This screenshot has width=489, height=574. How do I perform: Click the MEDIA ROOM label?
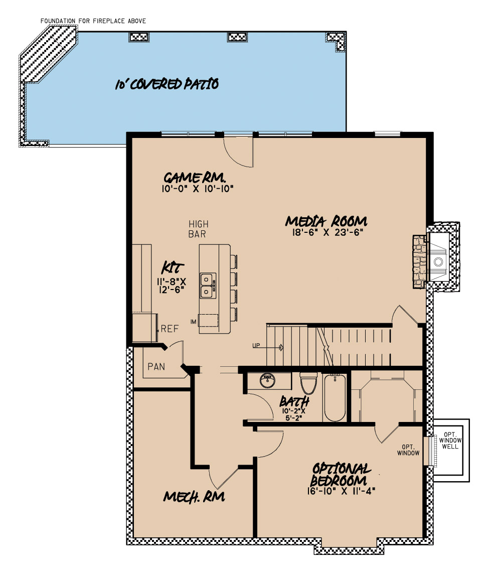pyautogui.click(x=327, y=221)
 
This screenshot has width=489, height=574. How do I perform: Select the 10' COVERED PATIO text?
pyautogui.click(x=167, y=84)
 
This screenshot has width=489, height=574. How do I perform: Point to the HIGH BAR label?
pyautogui.click(x=198, y=229)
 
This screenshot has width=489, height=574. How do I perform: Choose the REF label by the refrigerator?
pyautogui.click(x=170, y=329)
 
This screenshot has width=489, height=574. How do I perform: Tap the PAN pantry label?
pyautogui.click(x=156, y=367)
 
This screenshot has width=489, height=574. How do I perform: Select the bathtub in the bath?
pyautogui.click(x=335, y=398)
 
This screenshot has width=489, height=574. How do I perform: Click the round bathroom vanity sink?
pyautogui.click(x=268, y=380)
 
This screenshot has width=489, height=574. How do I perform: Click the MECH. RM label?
pyautogui.click(x=194, y=497)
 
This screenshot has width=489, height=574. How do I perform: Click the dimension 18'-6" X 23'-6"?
pyautogui.click(x=326, y=232)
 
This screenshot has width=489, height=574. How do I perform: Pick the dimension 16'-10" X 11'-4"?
pyautogui.click(x=342, y=491)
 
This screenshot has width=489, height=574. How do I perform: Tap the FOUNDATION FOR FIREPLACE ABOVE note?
pyautogui.click(x=93, y=21)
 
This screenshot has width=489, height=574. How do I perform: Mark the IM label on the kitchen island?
pyautogui.click(x=193, y=321)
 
